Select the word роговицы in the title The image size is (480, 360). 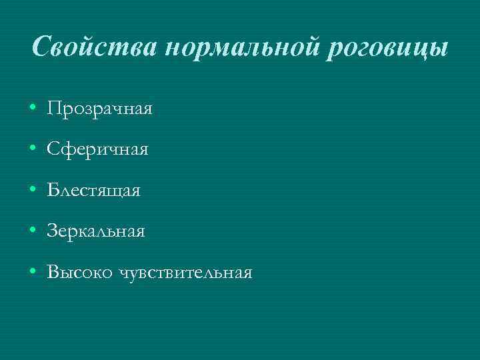(x=386, y=48)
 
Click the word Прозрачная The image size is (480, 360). (x=100, y=108)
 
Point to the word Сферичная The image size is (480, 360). (x=98, y=149)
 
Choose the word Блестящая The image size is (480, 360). (x=94, y=191)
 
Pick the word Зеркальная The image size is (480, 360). (x=96, y=231)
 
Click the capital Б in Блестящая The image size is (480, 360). (x=53, y=191)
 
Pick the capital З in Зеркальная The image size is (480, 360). (x=53, y=231)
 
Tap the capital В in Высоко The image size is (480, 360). (x=53, y=272)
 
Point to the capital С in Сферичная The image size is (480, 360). (x=53, y=149)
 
